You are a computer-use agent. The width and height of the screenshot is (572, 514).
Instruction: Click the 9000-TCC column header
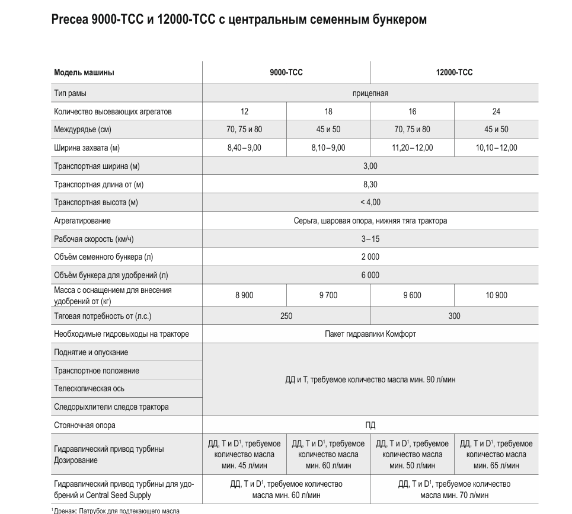click(x=286, y=73)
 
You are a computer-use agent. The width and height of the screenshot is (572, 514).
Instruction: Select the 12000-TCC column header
click(x=454, y=73)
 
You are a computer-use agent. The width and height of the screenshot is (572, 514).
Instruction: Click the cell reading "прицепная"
click(x=370, y=93)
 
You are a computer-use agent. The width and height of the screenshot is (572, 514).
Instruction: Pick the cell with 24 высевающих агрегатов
click(x=496, y=111)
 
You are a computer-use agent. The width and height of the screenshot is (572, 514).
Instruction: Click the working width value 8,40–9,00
click(x=244, y=148)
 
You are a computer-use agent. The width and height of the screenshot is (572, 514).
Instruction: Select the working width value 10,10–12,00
click(x=496, y=148)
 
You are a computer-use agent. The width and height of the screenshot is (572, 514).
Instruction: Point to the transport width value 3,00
click(x=370, y=166)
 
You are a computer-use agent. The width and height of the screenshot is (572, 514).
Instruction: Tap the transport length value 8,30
click(x=370, y=184)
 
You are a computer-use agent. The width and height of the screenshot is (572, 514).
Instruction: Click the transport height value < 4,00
click(x=370, y=202)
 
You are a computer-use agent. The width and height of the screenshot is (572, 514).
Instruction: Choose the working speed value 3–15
click(x=370, y=239)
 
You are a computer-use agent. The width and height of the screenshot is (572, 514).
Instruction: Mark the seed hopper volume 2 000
click(x=370, y=257)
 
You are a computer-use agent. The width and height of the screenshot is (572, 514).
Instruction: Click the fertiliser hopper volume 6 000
click(x=370, y=275)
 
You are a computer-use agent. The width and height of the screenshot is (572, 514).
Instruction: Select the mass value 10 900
click(x=496, y=295)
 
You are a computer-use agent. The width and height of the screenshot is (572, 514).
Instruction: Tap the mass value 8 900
click(x=244, y=295)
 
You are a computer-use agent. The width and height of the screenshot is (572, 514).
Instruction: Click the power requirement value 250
click(x=286, y=316)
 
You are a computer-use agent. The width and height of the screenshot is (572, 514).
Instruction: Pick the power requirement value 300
click(x=454, y=316)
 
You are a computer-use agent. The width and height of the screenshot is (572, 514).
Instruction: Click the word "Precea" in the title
click(x=71, y=20)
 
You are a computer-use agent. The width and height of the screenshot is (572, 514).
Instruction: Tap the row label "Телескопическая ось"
click(x=89, y=389)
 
